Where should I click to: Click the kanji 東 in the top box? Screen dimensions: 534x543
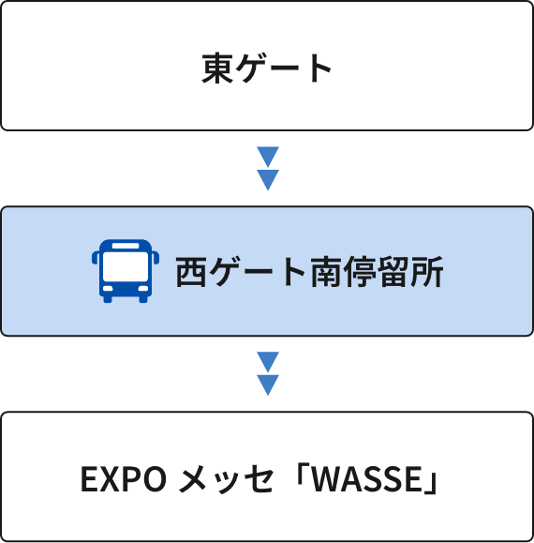[x=217, y=68]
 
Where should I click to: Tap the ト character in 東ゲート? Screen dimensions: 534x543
[x=321, y=68]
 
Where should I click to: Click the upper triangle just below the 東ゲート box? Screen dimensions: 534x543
[x=268, y=157]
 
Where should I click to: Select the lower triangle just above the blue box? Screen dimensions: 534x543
[x=268, y=180]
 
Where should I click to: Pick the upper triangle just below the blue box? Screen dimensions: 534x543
[x=268, y=362]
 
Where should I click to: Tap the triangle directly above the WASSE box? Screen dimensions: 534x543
[x=268, y=385]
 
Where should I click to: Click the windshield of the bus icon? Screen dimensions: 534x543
[x=126, y=266]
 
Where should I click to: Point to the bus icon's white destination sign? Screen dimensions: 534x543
[x=126, y=246]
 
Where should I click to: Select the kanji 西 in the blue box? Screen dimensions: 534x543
[x=191, y=272]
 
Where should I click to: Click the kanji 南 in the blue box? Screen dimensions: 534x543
[x=325, y=272]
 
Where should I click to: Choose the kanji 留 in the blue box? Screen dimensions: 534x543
[x=393, y=272]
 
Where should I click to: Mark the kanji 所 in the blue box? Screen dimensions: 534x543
[x=426, y=272]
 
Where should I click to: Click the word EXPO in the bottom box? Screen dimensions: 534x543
[x=123, y=479]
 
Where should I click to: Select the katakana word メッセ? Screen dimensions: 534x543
[x=226, y=479]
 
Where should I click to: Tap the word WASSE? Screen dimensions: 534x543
[x=366, y=479]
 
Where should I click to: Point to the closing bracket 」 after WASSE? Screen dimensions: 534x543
[x=431, y=483]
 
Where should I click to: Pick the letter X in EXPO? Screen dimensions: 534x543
[x=110, y=479]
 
